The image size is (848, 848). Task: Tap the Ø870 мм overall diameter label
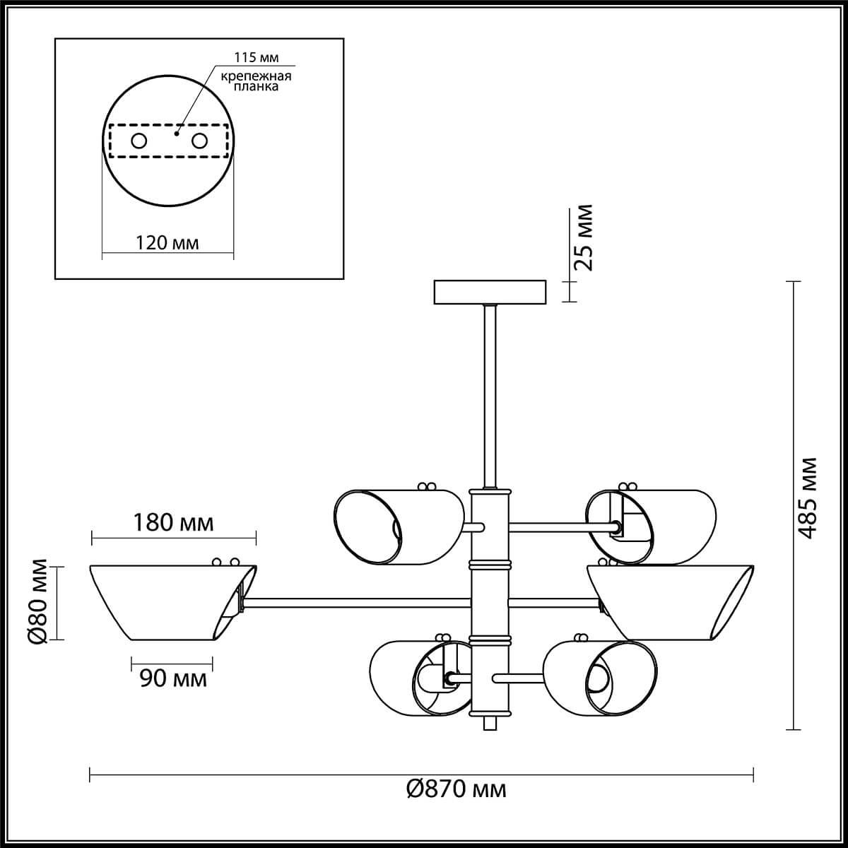click(457, 789)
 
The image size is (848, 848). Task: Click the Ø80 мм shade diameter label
click(40, 601)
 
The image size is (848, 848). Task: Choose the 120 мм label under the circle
click(167, 242)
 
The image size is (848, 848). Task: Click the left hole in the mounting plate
click(139, 141)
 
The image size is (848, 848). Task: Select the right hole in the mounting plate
click(200, 141)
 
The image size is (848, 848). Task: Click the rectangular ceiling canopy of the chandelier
click(490, 292)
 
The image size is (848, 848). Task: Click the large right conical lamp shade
click(671, 602)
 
